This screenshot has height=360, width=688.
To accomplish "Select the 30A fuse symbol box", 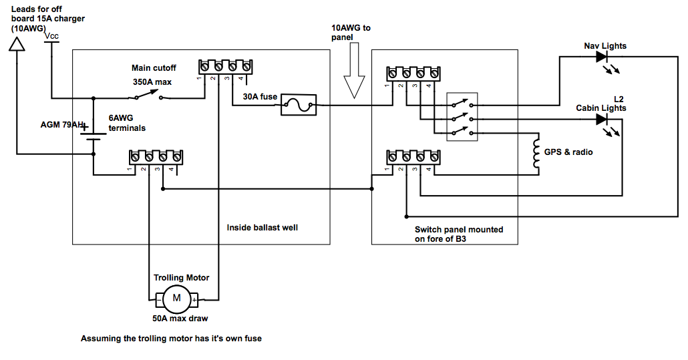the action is click(x=299, y=105).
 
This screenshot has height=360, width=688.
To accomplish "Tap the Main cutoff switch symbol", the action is click(x=148, y=95).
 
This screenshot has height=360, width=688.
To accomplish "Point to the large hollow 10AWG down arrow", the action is click(x=354, y=70).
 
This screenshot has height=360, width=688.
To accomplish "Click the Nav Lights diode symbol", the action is click(x=602, y=57).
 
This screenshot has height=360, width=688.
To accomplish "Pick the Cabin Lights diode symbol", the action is click(x=602, y=119).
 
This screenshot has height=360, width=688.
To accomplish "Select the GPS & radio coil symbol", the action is click(x=536, y=154).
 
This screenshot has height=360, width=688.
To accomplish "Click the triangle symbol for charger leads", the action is click(x=17, y=44).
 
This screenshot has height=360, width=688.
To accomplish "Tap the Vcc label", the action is click(x=51, y=36).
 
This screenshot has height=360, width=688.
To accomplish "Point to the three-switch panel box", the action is click(x=462, y=117).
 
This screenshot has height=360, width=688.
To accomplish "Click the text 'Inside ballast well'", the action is click(x=262, y=228).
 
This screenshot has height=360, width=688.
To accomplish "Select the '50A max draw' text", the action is click(x=180, y=319).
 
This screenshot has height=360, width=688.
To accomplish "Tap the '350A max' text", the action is click(x=152, y=82).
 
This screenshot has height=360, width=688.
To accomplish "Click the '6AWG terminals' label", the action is click(x=127, y=123).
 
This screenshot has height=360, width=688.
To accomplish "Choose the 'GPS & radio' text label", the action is click(x=568, y=152).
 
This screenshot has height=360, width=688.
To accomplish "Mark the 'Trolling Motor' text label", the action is click(x=181, y=278).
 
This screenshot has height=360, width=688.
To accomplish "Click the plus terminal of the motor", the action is click(x=194, y=301).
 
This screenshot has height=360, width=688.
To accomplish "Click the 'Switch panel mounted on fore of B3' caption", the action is click(x=459, y=234).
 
